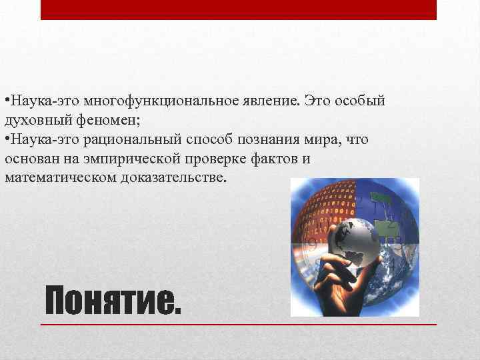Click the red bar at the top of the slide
pyautogui.click(x=239, y=9)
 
